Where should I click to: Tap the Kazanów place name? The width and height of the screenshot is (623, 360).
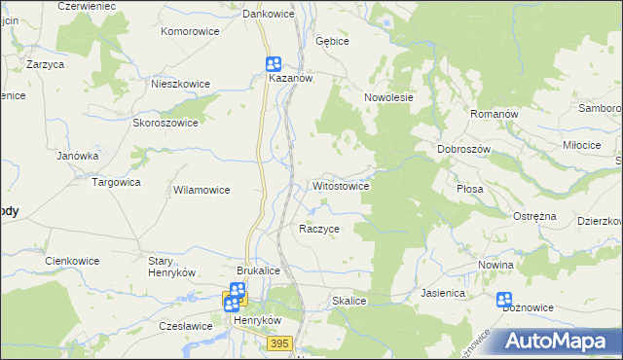click(x=290, y=79)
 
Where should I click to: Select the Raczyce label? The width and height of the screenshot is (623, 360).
click(x=319, y=229)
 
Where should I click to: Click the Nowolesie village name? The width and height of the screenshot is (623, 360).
click(x=389, y=97)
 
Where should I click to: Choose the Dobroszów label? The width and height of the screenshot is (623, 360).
click(x=462, y=149)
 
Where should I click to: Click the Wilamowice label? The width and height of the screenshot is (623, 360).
click(x=202, y=190)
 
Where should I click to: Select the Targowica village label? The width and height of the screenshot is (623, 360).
click(x=116, y=182)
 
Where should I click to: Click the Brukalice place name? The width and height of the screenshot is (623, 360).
click(x=259, y=271)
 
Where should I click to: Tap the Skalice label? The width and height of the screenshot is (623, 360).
click(x=348, y=302)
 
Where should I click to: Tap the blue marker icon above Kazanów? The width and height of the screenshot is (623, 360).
click(x=275, y=63)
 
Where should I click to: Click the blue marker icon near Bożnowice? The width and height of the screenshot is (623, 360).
click(x=504, y=300)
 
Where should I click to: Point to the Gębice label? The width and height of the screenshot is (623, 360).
click(x=332, y=42)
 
